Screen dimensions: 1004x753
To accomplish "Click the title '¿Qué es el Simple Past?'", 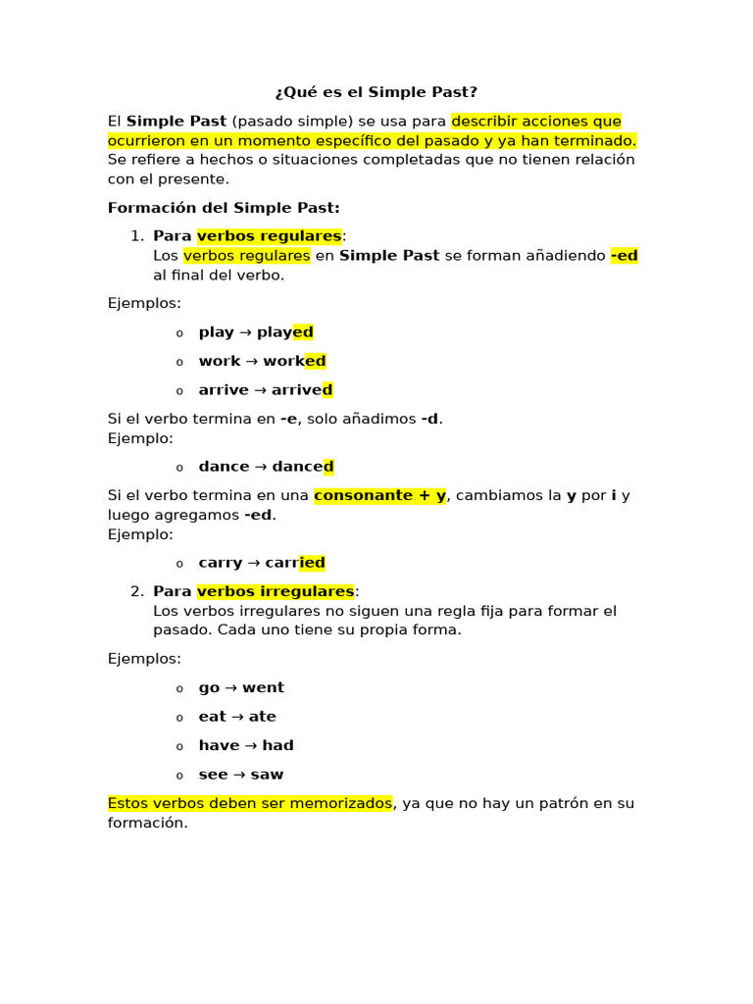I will (376, 92).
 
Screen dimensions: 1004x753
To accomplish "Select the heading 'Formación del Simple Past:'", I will (224, 208).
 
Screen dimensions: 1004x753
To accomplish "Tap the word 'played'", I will (285, 332).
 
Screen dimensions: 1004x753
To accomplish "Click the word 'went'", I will (264, 687).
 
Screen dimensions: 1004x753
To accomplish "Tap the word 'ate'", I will (263, 717).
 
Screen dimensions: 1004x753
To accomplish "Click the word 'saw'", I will (267, 775).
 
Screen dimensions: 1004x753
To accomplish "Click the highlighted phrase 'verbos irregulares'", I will (276, 591).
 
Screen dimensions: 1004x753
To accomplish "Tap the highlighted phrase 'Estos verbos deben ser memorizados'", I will (250, 803).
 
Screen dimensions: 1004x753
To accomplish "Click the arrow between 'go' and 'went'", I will (231, 687).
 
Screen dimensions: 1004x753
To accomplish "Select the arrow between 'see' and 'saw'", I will (239, 775).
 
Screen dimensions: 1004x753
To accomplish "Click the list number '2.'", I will (137, 591).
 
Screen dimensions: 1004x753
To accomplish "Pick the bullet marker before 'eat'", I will (179, 718).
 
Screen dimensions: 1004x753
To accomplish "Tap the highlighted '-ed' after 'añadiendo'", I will (624, 256).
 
